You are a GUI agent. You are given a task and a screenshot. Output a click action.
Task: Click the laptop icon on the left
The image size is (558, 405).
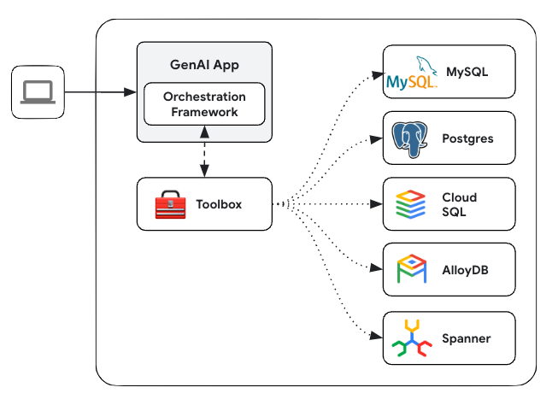click(x=38, y=91)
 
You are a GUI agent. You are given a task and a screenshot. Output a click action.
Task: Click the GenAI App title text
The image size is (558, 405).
click(x=204, y=66)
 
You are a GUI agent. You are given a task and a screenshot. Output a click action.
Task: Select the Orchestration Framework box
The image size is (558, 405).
click(x=204, y=104)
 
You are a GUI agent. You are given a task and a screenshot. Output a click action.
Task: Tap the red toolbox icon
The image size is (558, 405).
click(x=170, y=204)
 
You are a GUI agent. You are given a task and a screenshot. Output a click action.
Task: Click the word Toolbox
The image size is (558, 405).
click(x=220, y=204)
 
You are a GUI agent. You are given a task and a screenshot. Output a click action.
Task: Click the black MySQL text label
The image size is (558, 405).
click(x=467, y=72)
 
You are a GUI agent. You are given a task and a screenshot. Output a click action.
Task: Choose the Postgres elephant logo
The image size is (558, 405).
click(x=411, y=138)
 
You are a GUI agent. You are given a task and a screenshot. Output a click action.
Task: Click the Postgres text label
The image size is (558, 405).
click(x=467, y=138)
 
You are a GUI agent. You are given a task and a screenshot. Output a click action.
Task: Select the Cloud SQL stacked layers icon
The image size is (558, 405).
click(x=411, y=204)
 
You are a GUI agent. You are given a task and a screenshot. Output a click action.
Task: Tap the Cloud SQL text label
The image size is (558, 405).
click(x=459, y=204)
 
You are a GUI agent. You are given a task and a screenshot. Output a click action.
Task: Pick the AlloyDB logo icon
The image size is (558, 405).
click(x=411, y=270)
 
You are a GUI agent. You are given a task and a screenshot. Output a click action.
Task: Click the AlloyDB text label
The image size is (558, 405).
click(x=466, y=270)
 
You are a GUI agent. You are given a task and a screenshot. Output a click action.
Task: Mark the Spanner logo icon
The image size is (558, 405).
click(x=411, y=338)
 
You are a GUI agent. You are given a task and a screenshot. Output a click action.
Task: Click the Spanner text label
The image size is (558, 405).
click(x=467, y=338)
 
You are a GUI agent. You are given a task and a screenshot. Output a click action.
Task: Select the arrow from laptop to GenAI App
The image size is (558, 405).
click(x=99, y=91)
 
